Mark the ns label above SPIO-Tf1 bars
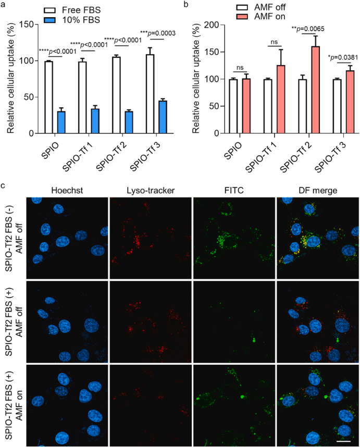[274, 41]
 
